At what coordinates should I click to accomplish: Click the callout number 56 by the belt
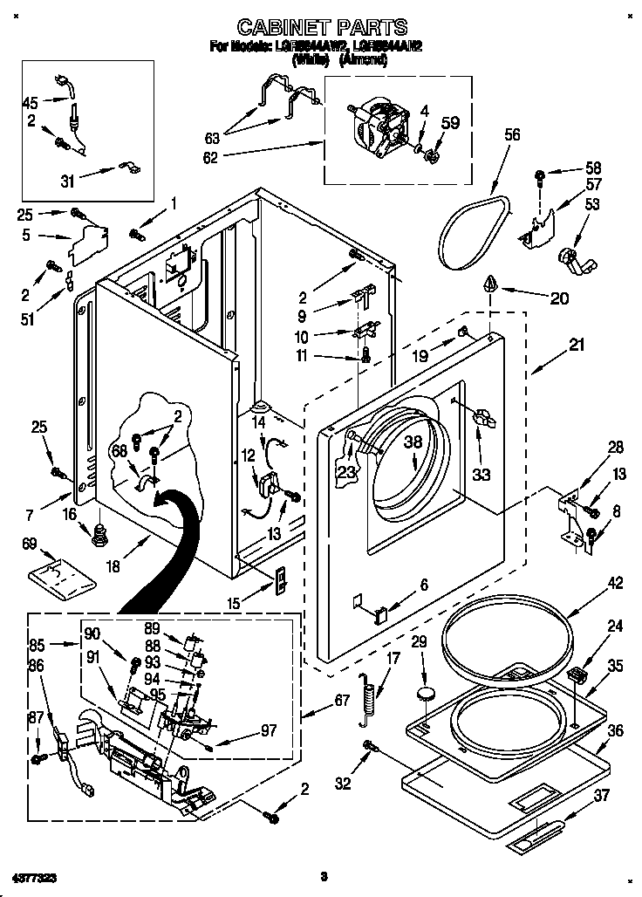coord(513,134)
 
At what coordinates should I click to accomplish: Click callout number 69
coord(31,544)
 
